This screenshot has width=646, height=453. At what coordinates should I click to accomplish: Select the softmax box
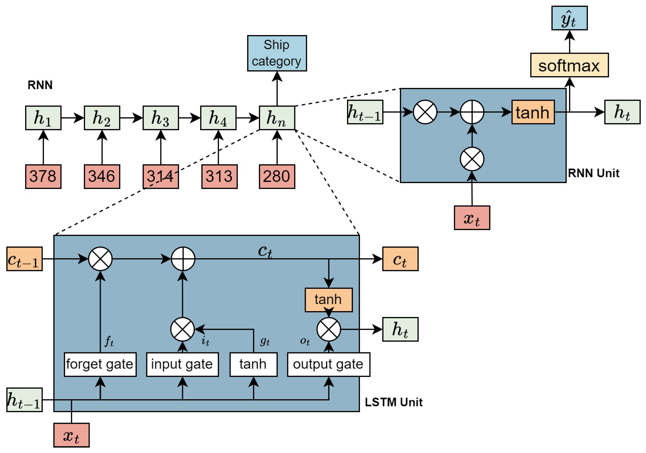click(569, 65)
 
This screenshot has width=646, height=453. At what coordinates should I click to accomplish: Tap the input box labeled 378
click(43, 176)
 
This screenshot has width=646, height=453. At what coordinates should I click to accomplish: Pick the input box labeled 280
click(277, 176)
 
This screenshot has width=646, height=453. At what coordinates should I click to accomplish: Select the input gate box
click(182, 364)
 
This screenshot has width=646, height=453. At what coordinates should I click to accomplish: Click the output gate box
click(328, 364)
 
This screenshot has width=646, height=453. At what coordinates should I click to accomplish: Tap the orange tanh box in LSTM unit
click(328, 300)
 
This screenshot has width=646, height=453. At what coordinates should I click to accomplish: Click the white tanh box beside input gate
click(253, 364)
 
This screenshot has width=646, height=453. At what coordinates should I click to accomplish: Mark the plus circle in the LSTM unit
click(183, 259)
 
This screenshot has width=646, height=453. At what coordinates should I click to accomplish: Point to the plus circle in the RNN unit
click(472, 112)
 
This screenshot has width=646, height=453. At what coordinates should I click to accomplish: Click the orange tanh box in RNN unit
click(533, 112)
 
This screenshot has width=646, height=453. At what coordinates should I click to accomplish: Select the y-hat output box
click(569, 18)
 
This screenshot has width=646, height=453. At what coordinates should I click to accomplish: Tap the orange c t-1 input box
click(25, 259)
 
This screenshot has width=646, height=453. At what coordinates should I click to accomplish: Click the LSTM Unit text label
click(393, 402)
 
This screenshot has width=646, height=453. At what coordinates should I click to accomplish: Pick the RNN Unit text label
click(593, 173)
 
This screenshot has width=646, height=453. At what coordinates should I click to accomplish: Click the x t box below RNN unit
click(472, 218)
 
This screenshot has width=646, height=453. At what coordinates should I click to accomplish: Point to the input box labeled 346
click(102, 176)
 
